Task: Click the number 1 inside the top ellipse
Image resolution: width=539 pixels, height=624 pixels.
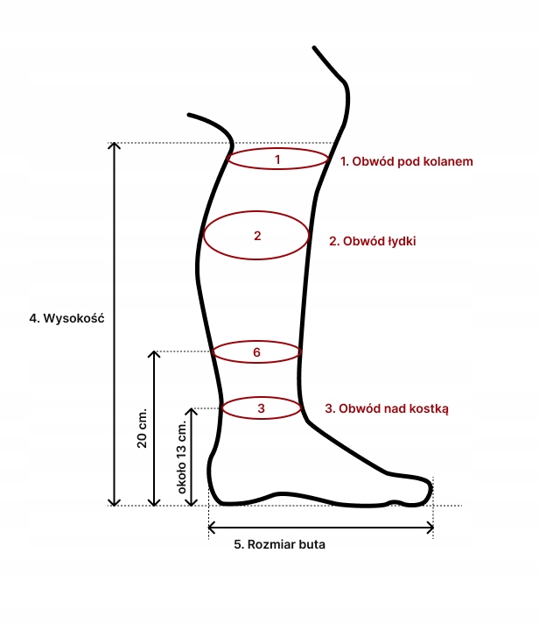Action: tap(277, 160)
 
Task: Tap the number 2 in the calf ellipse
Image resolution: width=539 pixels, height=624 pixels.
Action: tap(257, 236)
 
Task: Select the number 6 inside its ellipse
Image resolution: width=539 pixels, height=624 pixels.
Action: tap(257, 352)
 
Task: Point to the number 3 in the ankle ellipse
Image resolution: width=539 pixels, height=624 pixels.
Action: tap(261, 408)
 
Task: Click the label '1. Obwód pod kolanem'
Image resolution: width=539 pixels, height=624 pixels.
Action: tap(407, 162)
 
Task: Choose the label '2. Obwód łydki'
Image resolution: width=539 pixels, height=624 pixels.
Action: tap(373, 240)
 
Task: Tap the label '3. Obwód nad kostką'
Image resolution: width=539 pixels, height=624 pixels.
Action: tap(386, 408)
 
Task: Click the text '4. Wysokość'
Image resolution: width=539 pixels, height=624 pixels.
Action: tap(67, 319)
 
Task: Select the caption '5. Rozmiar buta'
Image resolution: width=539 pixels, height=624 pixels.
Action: tap(280, 544)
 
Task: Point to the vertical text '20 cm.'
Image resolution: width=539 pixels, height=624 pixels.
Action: tap(143, 429)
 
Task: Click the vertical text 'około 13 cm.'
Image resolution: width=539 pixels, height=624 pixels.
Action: tap(183, 458)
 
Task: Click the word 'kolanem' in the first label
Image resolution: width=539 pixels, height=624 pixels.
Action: tap(449, 162)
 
